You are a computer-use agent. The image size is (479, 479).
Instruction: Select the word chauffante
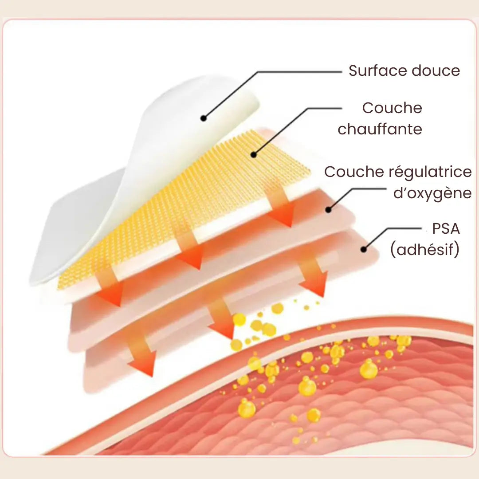380,129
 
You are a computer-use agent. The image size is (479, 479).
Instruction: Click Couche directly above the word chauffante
392,108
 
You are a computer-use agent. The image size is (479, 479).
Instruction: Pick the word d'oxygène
432,193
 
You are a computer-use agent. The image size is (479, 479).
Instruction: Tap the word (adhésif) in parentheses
424,250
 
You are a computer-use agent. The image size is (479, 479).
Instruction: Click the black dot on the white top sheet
203,118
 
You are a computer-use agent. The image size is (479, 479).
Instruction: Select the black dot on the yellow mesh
253,155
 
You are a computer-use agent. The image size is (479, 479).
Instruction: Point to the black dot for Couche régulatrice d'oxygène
329,209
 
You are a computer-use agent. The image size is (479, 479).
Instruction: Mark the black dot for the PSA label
364,250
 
